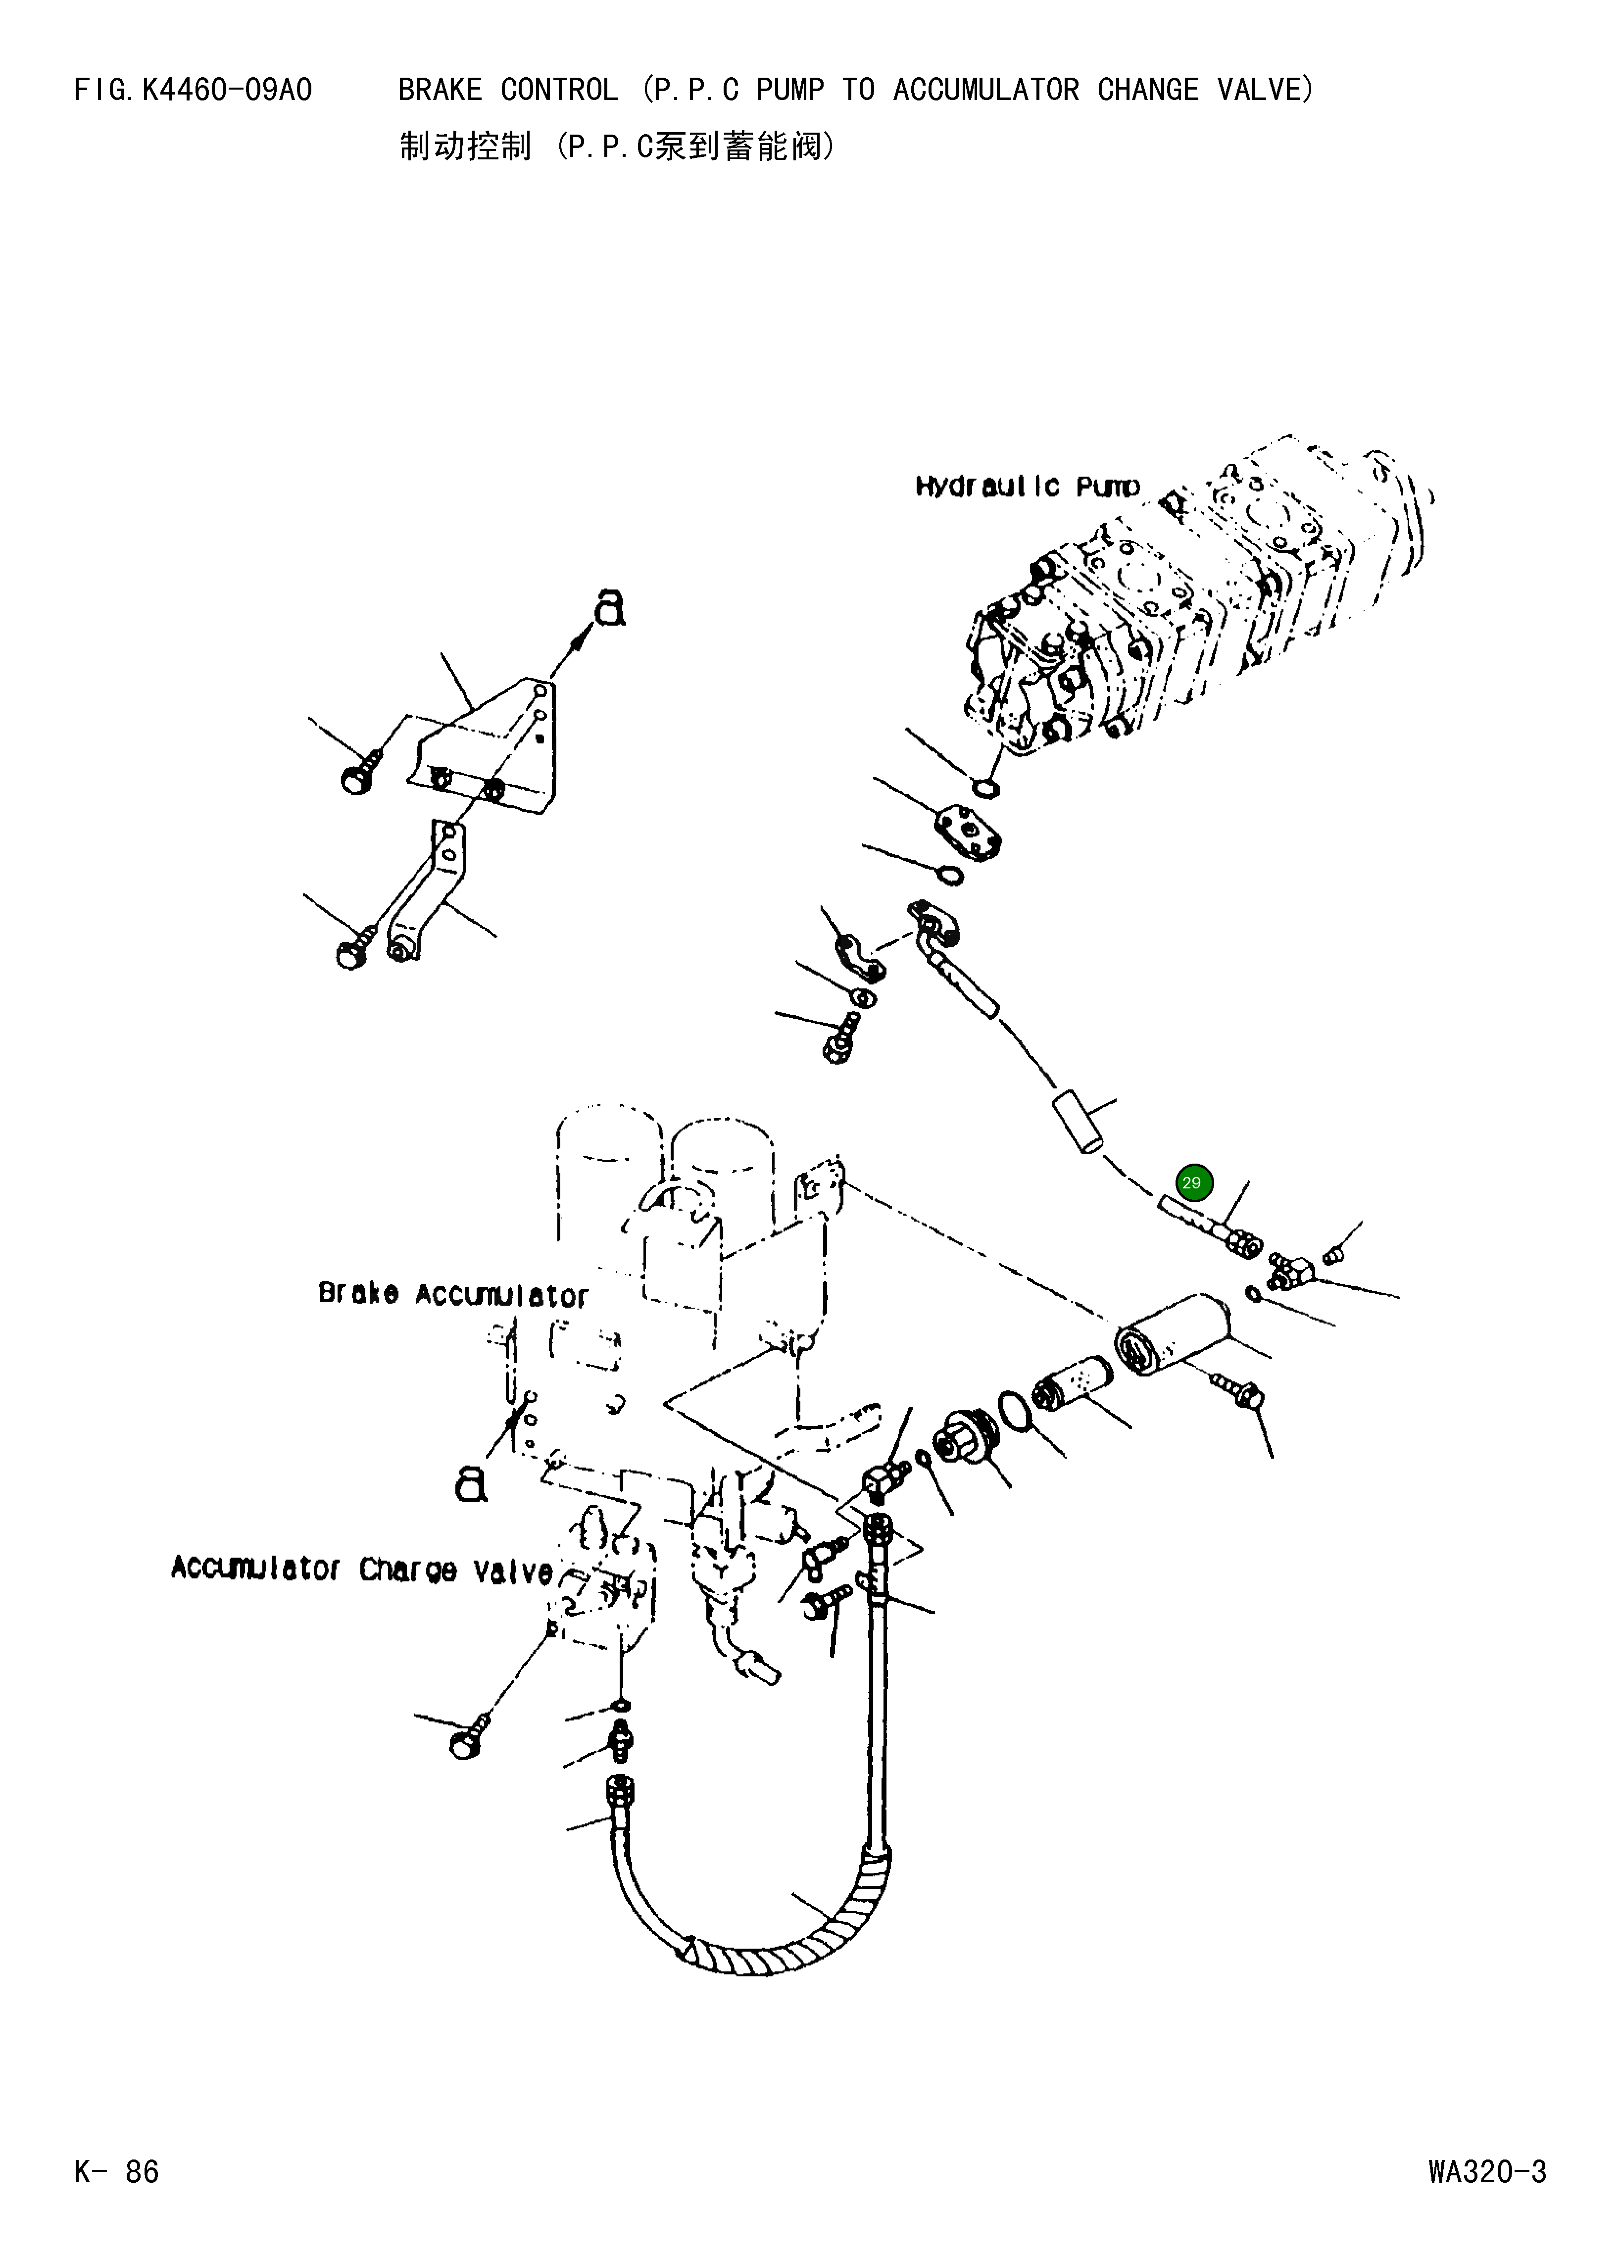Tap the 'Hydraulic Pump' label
[x=1027, y=487]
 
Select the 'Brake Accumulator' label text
[x=453, y=1295]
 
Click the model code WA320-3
[x=1487, y=2171]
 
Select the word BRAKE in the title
[x=439, y=91]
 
